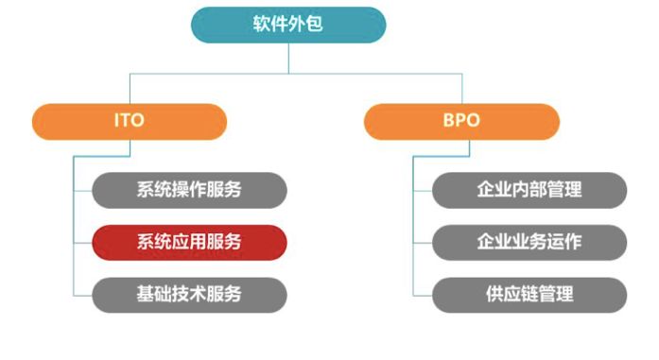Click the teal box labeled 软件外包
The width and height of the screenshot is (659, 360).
coord(288,25)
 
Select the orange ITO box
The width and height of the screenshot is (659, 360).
coord(130,122)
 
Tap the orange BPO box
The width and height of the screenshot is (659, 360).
coord(460,122)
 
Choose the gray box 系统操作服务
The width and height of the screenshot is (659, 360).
coord(189,190)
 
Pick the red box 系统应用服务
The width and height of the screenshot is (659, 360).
coord(189,242)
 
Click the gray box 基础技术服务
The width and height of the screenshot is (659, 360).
coord(189,294)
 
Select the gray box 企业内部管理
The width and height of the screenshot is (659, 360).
coord(529,190)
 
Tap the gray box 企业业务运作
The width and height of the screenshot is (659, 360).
coord(529,242)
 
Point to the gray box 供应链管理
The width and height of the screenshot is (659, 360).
coord(529,294)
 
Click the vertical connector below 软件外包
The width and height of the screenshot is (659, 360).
coord(288,58)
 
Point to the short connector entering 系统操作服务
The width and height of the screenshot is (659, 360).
coord(82,190)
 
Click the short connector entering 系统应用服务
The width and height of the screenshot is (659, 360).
coord(82,242)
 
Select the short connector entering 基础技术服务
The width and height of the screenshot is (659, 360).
coord(82,294)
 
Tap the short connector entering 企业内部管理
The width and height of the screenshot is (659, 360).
coord(423,190)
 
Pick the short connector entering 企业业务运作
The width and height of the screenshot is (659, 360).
coord(423,242)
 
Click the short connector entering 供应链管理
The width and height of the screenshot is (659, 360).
coord(423,294)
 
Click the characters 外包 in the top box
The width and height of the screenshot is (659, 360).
coord(306,25)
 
